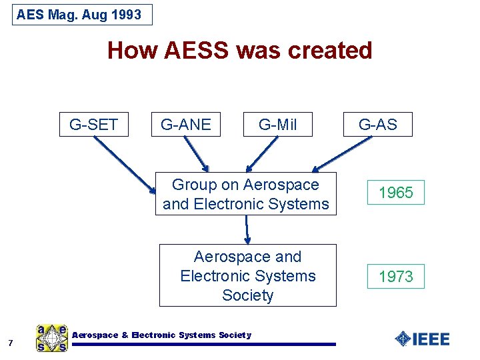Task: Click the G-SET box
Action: click(x=93, y=124)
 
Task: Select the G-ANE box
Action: click(x=186, y=124)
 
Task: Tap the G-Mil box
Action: click(x=278, y=124)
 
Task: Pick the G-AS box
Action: click(x=378, y=124)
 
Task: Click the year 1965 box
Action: click(x=396, y=193)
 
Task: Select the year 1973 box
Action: click(x=396, y=276)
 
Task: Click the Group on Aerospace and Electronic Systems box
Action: click(x=246, y=194)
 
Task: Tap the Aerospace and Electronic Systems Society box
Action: click(x=248, y=275)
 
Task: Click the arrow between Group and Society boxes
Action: click(x=247, y=229)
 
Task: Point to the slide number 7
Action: click(x=11, y=343)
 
